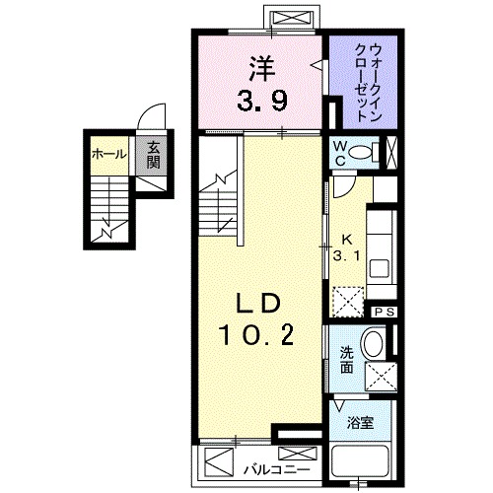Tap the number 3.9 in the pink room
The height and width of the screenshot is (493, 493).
[x=260, y=99]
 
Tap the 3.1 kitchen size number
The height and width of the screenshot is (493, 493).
[x=347, y=256]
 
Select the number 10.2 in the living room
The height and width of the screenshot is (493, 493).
[x=258, y=337]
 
